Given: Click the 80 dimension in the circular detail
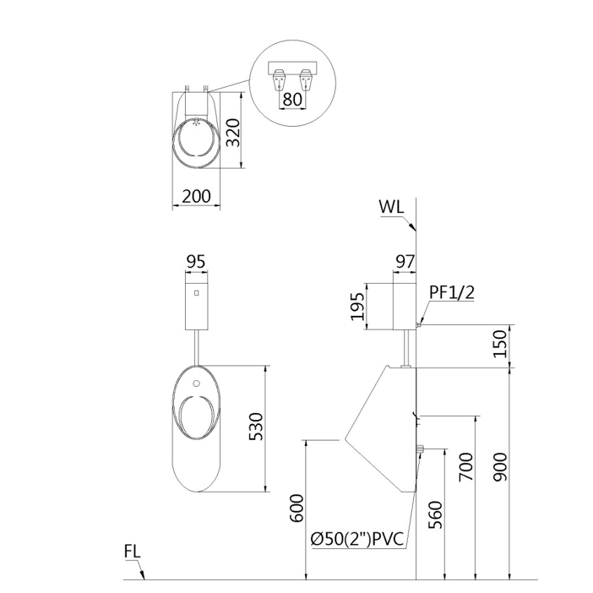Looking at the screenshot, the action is (x=292, y=99).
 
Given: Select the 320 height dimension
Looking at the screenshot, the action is (x=233, y=133).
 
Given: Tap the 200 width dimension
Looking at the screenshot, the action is (x=196, y=196).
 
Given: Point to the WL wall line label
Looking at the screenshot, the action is (x=391, y=207).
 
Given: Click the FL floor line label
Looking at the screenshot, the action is (x=133, y=552).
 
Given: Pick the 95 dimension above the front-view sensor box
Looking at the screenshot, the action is (x=196, y=262).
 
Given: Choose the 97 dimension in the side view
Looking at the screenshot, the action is (x=405, y=262).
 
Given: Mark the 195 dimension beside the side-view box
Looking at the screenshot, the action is (x=357, y=307).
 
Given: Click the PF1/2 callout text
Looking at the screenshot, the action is (x=452, y=292).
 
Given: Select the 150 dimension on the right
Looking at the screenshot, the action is (x=500, y=344).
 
